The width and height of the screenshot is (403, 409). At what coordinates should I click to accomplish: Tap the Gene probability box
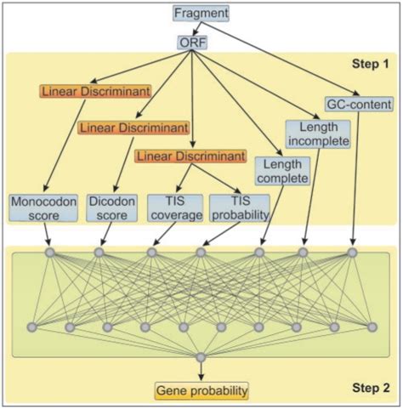(201, 391)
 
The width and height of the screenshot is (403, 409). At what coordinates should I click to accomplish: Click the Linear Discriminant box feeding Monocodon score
(83, 90)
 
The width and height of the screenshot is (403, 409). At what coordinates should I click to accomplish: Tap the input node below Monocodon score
(49, 253)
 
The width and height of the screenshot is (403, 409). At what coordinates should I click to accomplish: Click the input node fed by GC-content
(353, 253)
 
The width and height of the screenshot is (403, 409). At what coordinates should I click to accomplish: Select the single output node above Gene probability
(201, 357)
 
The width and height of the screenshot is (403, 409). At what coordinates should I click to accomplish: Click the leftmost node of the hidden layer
(31, 327)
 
